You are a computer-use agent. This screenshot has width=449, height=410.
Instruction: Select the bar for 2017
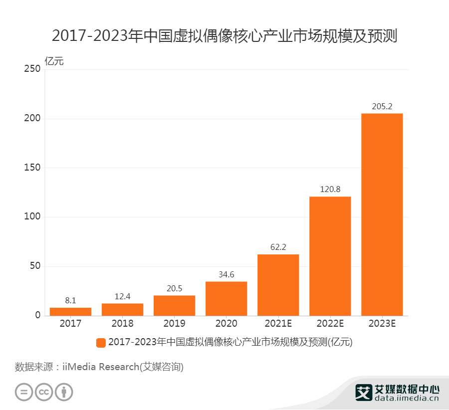coord(70,312)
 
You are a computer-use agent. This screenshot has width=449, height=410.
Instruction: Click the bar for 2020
coord(226,299)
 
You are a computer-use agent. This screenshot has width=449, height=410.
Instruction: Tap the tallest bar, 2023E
coord(382,214)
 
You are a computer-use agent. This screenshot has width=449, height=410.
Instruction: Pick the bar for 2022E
coord(330,256)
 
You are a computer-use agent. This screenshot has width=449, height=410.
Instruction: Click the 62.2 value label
coord(278,247)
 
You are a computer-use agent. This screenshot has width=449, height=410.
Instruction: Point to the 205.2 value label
coord(382,106)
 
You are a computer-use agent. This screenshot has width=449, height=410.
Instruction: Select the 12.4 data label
coord(122,296)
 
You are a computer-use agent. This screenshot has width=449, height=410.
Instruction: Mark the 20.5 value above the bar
coord(174,288)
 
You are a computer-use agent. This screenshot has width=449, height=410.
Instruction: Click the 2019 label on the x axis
coord(174,323)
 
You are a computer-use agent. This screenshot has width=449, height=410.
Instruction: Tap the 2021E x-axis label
coord(278,323)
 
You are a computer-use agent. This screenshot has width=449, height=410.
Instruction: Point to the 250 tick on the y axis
coord(32,69)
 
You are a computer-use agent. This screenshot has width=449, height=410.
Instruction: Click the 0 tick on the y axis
coord(37,316)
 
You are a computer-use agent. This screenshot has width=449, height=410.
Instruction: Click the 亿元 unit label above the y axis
coord(54,61)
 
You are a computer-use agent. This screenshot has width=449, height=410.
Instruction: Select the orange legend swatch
coord(101,342)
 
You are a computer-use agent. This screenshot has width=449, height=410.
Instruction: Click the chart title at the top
coord(224,36)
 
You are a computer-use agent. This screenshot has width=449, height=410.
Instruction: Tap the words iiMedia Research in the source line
coord(100,367)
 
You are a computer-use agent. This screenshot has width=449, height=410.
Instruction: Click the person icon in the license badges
coord(64,392)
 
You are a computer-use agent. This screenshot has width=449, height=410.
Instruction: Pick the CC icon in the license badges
coord(44,392)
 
